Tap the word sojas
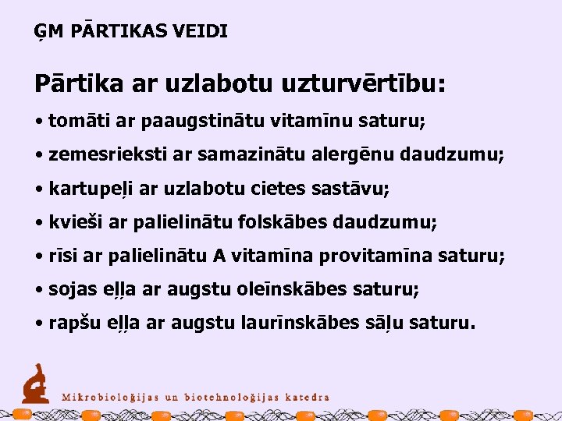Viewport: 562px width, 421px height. tap(69, 289)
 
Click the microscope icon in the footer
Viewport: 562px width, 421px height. tap(35, 383)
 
